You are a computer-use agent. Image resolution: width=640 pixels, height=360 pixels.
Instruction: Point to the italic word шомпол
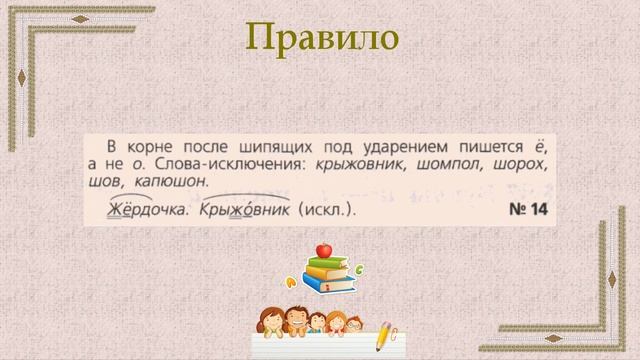point(452,165)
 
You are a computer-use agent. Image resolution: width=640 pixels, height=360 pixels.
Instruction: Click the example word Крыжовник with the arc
point(244,210)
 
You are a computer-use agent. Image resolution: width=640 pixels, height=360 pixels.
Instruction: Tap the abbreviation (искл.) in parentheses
point(326,210)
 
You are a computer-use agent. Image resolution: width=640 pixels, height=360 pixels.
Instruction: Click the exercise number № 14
point(525,210)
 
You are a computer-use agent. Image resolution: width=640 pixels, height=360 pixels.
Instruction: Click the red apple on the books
point(323,249)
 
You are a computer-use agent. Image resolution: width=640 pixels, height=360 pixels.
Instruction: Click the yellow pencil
point(384,337)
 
